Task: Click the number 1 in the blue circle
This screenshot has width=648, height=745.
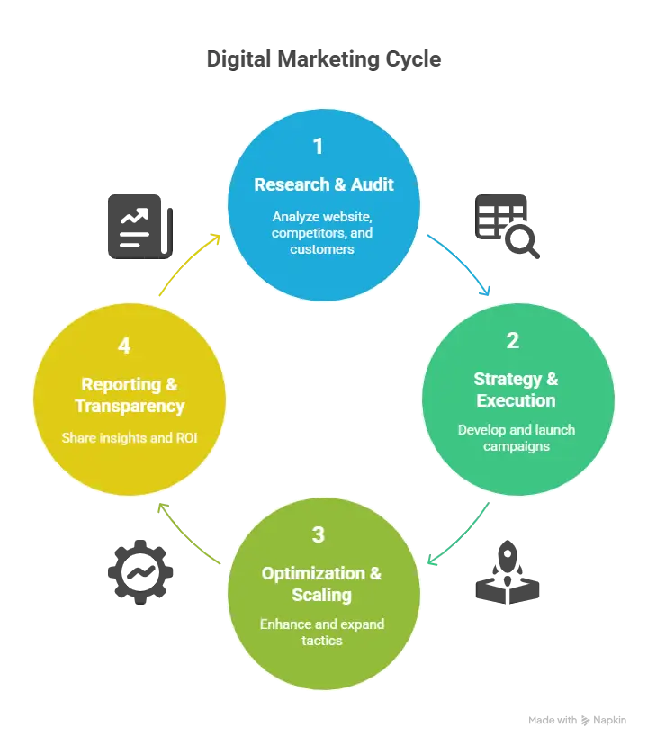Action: [x=318, y=147]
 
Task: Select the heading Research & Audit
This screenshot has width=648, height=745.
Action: [x=323, y=184]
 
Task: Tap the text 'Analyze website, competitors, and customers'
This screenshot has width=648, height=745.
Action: [x=322, y=232]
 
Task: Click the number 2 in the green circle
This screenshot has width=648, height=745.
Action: [x=513, y=340]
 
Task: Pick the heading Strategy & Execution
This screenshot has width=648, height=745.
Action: [x=516, y=390]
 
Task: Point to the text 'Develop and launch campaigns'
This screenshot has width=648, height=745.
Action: [x=516, y=437]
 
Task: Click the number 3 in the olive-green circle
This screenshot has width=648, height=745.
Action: [x=318, y=535]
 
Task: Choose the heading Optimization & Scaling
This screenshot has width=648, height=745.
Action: [x=321, y=584]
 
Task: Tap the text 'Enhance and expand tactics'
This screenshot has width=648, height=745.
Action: [x=321, y=632]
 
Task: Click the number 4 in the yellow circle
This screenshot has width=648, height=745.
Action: [x=124, y=346]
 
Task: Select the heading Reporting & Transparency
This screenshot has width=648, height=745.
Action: [x=129, y=395]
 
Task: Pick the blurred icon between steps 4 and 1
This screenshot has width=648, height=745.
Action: [x=140, y=226]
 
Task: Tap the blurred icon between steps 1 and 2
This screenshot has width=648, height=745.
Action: [x=506, y=226]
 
